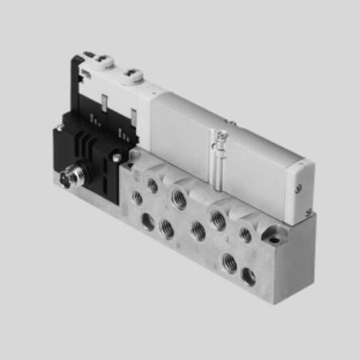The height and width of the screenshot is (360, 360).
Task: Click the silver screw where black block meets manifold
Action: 117,157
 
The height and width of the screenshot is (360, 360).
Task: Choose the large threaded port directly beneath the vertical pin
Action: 218,219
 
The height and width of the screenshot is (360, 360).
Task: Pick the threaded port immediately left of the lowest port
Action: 199,232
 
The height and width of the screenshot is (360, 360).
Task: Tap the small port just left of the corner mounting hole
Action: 247,234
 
